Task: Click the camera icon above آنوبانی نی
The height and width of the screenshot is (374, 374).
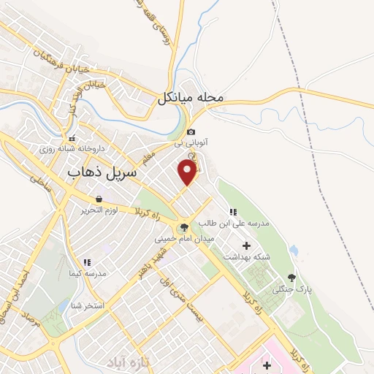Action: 191,132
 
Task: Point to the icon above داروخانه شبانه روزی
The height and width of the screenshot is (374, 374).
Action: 72,138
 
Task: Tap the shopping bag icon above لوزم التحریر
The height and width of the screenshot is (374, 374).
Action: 98,199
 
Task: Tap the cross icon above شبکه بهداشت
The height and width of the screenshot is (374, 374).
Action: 246,245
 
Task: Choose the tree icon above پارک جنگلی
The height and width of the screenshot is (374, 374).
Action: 292,278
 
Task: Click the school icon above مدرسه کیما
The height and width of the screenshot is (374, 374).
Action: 87,262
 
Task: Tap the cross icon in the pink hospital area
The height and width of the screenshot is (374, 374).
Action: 267,364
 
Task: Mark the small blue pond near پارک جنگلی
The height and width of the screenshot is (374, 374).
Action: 294,251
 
